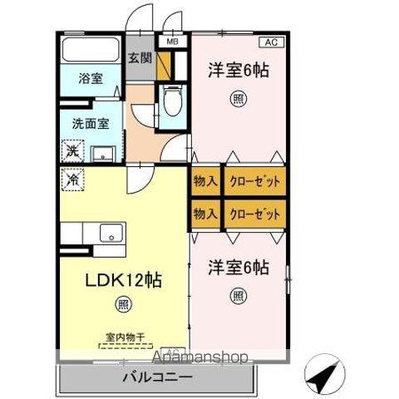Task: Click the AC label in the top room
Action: [x=271, y=41]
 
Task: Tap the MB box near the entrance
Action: [x=172, y=40]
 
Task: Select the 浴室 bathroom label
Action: [x=91, y=79]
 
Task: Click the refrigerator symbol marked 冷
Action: [x=72, y=178]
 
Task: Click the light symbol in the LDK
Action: [x=124, y=305]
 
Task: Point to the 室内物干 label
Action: [x=125, y=337]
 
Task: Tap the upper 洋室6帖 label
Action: [x=238, y=71]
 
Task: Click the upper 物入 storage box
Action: [x=204, y=181]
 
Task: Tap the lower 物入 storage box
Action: [x=204, y=214]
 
